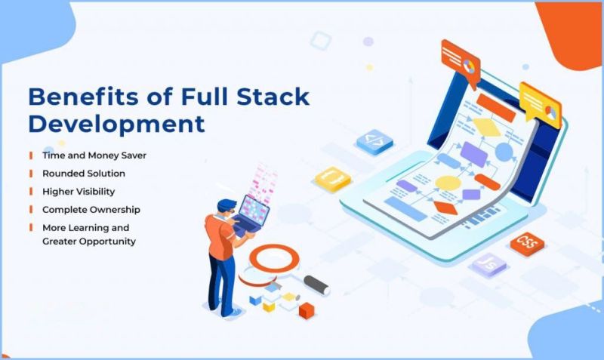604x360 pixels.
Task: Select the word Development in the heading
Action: (116, 123)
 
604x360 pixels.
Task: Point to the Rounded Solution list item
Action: (84, 173)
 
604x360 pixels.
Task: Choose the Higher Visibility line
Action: (79, 191)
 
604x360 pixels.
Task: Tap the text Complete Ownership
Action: (91, 209)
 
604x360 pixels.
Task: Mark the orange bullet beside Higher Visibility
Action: (31, 191)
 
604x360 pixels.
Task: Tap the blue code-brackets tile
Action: (374, 140)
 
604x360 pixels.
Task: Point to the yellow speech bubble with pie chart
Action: (541, 104)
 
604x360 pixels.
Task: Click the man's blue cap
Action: (226, 205)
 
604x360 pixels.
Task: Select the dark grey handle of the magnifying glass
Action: (316, 284)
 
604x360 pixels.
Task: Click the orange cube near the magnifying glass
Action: (306, 309)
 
